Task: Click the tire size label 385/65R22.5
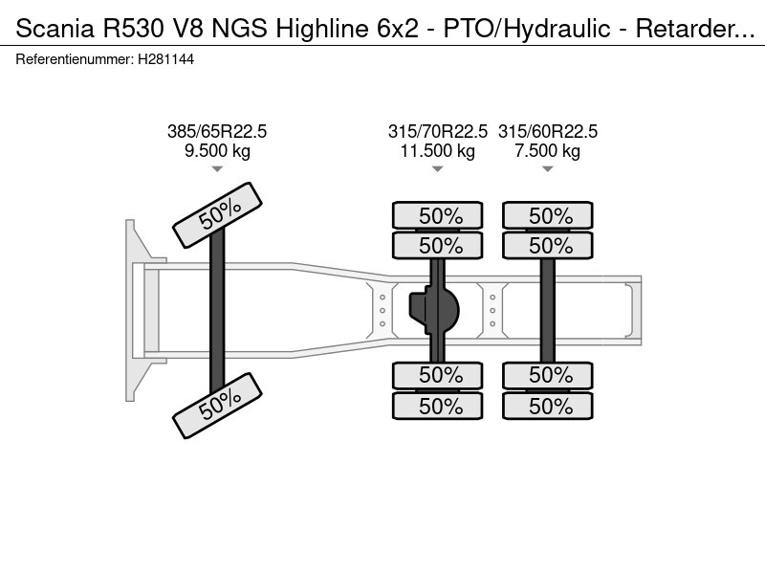(217, 132)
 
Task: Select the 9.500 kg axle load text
(217, 151)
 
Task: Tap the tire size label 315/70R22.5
(438, 132)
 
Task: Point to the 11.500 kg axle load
(438, 151)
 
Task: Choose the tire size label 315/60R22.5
(547, 132)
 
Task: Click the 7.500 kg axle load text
(547, 151)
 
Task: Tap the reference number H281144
(165, 59)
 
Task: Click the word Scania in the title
(55, 29)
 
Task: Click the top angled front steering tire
(218, 215)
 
